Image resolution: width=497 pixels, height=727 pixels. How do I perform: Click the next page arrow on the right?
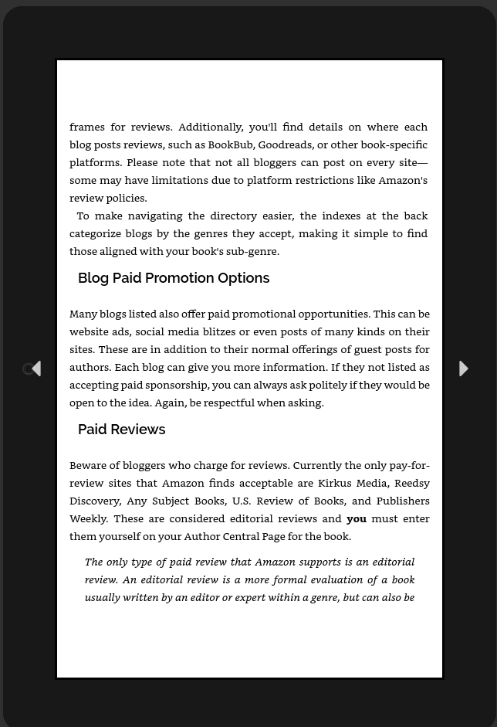[463, 369]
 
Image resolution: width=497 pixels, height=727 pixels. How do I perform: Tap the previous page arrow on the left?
[35, 369]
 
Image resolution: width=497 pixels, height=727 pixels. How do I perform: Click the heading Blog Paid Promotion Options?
[174, 278]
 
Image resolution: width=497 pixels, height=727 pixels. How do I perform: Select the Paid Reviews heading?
[121, 430]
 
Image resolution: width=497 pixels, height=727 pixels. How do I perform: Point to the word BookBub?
[230, 144]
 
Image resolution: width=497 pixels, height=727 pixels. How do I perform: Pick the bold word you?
[357, 518]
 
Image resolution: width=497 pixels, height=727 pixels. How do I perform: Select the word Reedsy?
[412, 483]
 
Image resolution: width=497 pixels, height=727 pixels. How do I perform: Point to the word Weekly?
[89, 518]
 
